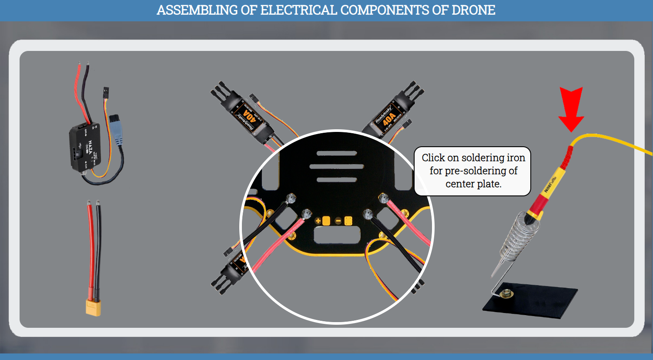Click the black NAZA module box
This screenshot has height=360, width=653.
point(85,146)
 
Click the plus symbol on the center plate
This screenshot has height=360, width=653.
point(318,221)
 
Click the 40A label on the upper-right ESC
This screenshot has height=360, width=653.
point(388,118)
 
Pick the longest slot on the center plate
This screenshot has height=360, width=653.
point(336,166)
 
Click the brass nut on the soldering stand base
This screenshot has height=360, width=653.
point(506,294)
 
